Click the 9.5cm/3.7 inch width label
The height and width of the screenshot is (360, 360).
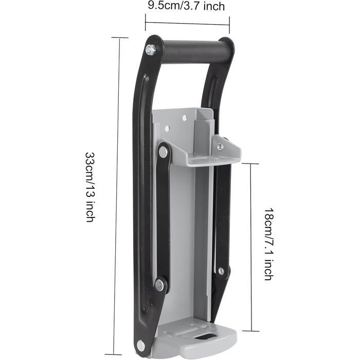(x=186, y=6)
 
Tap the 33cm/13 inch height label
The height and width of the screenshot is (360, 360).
(x=90, y=187)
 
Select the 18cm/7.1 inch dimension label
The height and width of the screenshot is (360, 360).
(x=268, y=244)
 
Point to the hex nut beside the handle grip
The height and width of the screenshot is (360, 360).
(x=151, y=49)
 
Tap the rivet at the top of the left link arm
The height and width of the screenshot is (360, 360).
(x=163, y=152)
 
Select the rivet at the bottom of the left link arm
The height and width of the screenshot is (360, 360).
(x=159, y=285)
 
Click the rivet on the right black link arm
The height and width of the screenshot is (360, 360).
(x=221, y=271)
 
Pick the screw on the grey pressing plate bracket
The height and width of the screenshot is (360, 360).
(x=220, y=146)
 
